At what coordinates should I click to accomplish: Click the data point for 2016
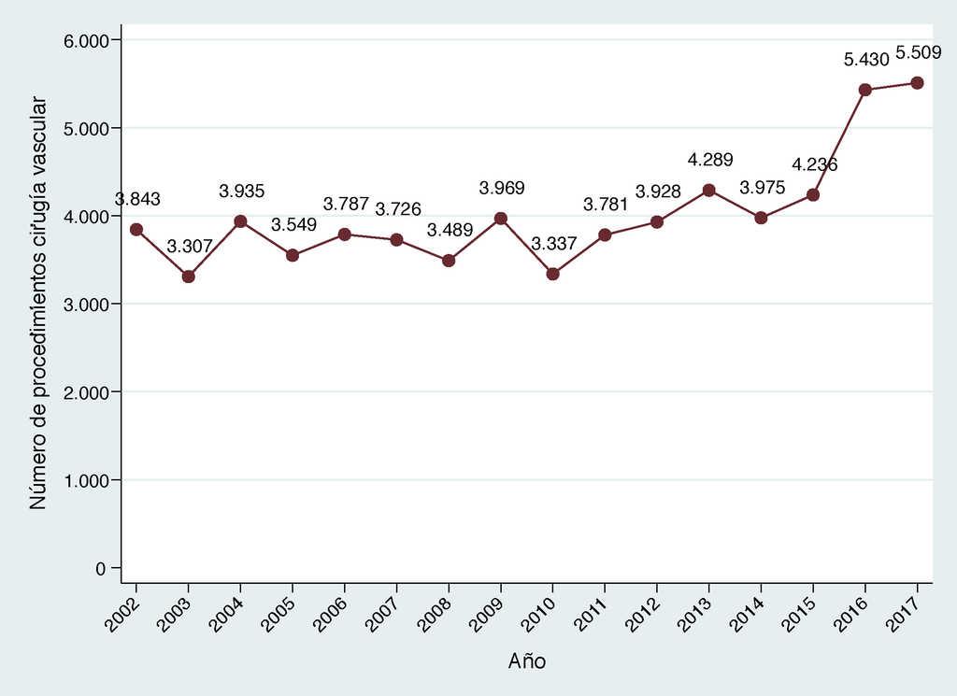pyautogui.click(x=865, y=90)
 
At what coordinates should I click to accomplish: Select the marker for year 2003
pyautogui.click(x=189, y=277)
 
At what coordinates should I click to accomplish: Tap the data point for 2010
pyautogui.click(x=552, y=274)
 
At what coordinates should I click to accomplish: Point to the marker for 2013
pyautogui.click(x=709, y=190)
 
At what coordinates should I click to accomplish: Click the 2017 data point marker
pyautogui.click(x=917, y=82)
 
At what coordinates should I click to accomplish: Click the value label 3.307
pyautogui.click(x=190, y=247)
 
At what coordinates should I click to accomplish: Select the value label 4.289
pyautogui.click(x=710, y=160)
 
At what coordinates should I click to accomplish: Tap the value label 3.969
pyautogui.click(x=502, y=188)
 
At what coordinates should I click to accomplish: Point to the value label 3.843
pyautogui.click(x=137, y=199)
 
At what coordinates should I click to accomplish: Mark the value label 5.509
pyautogui.click(x=918, y=52)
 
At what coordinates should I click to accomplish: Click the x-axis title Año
pyautogui.click(x=527, y=661)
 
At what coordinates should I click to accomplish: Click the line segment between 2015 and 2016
pyautogui.click(x=839, y=142)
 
